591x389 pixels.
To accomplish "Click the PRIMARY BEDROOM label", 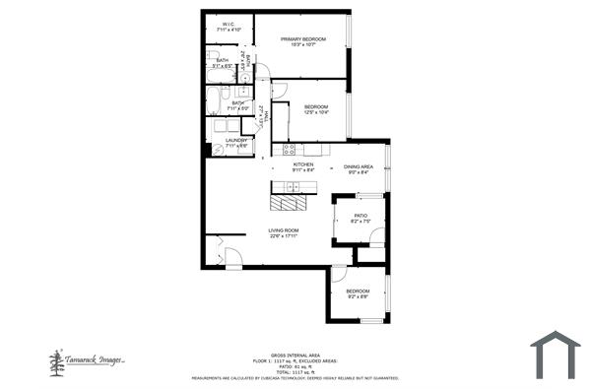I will [302, 38].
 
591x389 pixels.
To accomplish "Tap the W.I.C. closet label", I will [229, 25].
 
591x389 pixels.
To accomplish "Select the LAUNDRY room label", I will [236, 140].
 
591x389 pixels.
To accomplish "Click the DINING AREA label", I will [358, 166].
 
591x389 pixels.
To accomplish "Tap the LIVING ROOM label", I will [284, 230].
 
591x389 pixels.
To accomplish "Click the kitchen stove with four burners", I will [289, 150].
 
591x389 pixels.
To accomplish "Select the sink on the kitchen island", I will [293, 188].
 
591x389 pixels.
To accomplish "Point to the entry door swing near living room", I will [232, 258].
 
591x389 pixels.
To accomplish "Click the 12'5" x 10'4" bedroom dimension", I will [316, 112].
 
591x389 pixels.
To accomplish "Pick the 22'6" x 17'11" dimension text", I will [284, 236].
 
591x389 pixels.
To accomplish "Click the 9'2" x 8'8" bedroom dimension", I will [358, 296].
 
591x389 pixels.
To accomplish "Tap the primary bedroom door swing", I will [279, 91].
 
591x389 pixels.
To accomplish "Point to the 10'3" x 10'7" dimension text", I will [302, 44].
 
